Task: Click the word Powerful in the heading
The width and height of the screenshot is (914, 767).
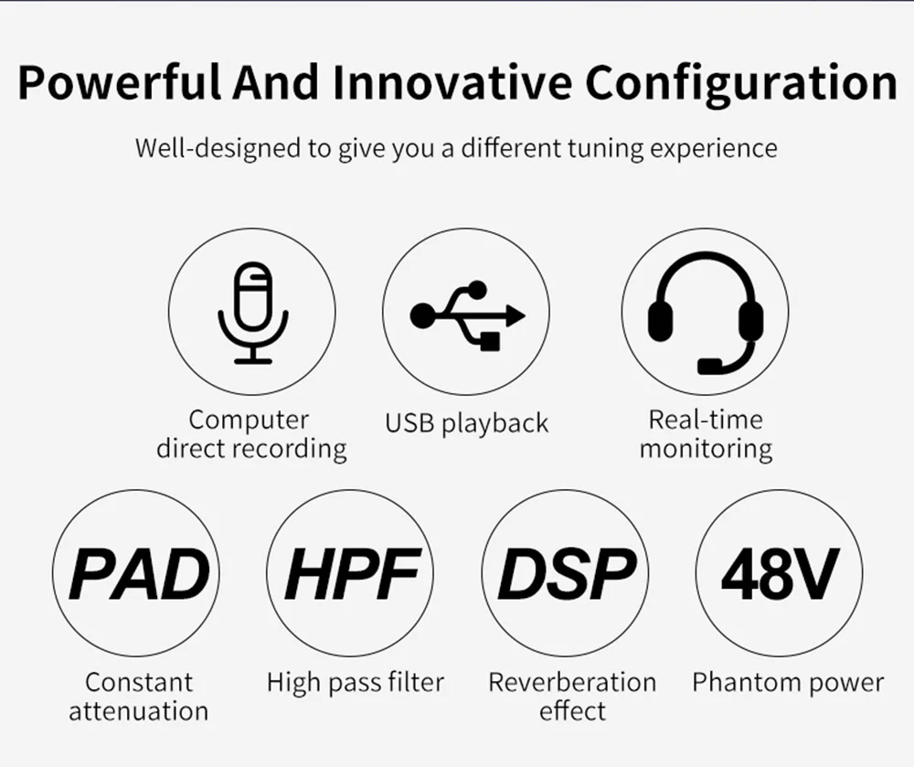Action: click(x=120, y=82)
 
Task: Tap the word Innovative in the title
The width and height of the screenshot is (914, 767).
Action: click(x=452, y=81)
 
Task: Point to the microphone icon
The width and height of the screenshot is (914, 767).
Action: click(x=253, y=313)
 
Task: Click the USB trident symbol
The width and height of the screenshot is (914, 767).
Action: click(x=467, y=315)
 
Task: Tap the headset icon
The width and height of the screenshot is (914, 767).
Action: click(x=706, y=313)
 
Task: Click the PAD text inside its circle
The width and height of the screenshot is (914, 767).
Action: click(x=139, y=574)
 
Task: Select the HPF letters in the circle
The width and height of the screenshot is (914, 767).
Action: click(x=352, y=574)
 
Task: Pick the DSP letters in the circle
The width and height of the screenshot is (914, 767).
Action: click(x=566, y=574)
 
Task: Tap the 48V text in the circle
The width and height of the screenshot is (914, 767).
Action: click(x=780, y=574)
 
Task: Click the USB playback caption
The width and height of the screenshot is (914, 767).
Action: click(x=467, y=423)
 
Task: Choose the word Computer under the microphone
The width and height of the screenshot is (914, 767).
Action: click(x=249, y=421)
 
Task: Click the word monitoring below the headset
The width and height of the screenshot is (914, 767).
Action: click(x=706, y=450)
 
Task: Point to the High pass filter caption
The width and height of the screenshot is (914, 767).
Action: click(x=356, y=683)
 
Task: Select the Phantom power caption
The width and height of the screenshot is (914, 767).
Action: click(x=788, y=683)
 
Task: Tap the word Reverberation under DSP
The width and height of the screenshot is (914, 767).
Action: click(x=572, y=683)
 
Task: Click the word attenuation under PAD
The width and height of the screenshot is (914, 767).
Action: click(x=139, y=711)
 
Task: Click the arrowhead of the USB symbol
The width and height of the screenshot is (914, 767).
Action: click(x=515, y=315)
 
